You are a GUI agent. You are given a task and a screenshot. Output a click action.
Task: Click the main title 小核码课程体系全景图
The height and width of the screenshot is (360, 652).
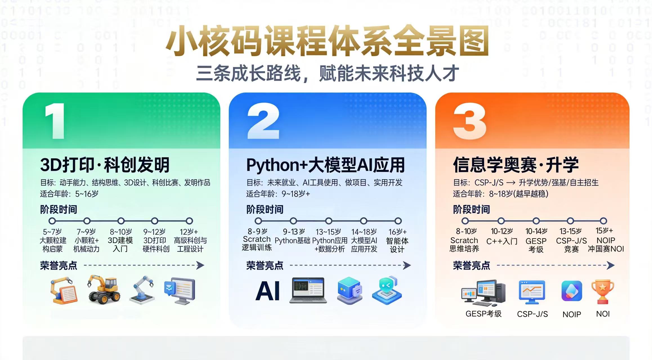coord(326,41)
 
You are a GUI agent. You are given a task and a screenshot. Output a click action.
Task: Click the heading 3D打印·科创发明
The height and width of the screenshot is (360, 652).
coord(105,165)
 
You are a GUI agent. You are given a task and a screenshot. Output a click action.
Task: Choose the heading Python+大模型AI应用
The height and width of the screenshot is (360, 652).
coord(325,165)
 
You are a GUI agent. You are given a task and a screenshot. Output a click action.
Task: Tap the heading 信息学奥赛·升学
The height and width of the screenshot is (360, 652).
coord(516,165)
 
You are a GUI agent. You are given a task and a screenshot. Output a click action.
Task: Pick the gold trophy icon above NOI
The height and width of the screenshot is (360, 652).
coord(602,292)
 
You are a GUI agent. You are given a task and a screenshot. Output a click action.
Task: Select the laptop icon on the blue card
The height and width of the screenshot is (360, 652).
coord(308,290)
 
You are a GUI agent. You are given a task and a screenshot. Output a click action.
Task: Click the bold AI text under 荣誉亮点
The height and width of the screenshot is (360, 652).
coord(268,291)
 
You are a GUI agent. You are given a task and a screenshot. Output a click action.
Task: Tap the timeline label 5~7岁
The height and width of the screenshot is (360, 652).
coord(52,232)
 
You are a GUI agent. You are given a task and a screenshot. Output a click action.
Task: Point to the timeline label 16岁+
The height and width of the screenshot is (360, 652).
coord(397,232)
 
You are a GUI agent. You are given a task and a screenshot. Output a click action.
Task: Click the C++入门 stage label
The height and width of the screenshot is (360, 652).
coord(502,241)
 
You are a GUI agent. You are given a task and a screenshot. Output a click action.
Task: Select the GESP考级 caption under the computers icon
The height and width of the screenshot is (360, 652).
coord(483,314)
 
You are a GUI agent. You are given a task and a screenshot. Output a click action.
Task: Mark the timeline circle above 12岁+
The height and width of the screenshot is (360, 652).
coord(189,221)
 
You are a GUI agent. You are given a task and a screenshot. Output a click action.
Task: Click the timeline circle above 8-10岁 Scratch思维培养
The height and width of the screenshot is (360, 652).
coord(465,221)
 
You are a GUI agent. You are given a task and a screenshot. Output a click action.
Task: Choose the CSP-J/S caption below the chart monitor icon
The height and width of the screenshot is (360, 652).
coord(532,314)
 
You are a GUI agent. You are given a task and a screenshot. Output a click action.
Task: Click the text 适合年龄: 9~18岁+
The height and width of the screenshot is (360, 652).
coord(278,194)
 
